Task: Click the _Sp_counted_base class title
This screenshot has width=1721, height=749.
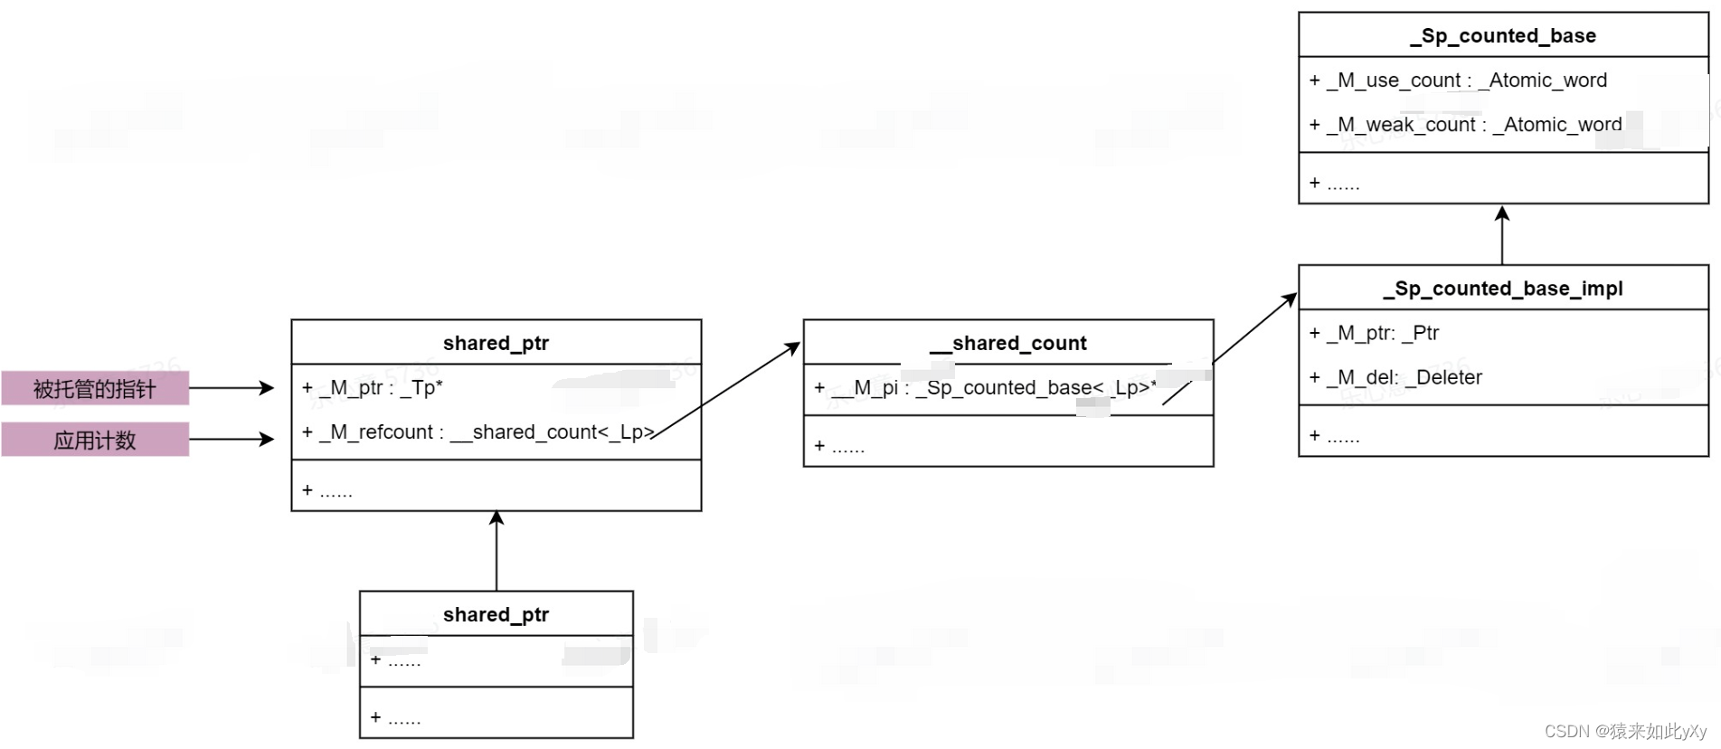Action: coord(1503,36)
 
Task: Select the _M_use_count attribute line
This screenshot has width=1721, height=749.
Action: coord(1458,81)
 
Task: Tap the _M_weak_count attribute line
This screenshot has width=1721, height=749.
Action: coord(1465,125)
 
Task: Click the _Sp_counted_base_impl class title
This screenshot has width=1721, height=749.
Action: coord(1503,289)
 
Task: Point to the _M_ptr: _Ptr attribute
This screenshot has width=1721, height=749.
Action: coord(1374,333)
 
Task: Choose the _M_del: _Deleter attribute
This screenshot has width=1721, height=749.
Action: coord(1395,377)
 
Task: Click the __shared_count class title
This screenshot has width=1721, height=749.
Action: coord(1008,344)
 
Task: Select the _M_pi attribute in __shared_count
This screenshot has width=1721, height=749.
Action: coord(986,388)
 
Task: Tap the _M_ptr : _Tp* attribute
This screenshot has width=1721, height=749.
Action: coord(373,388)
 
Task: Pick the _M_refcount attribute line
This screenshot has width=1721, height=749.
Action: coord(478,432)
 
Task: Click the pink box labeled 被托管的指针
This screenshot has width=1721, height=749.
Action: coord(95,389)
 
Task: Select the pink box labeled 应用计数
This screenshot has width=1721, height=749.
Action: coord(95,441)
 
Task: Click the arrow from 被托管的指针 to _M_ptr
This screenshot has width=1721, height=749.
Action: coord(231,388)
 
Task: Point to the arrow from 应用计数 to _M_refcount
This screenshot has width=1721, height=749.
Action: coord(231,440)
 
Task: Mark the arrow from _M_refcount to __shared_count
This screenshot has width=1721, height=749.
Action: coord(726,390)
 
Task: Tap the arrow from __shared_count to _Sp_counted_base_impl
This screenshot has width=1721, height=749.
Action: coord(1254,328)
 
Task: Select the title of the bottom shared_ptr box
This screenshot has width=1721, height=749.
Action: coord(496,615)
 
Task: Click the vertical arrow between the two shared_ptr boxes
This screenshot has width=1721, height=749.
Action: coord(496,552)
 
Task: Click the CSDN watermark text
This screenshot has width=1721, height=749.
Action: coord(1625,732)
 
